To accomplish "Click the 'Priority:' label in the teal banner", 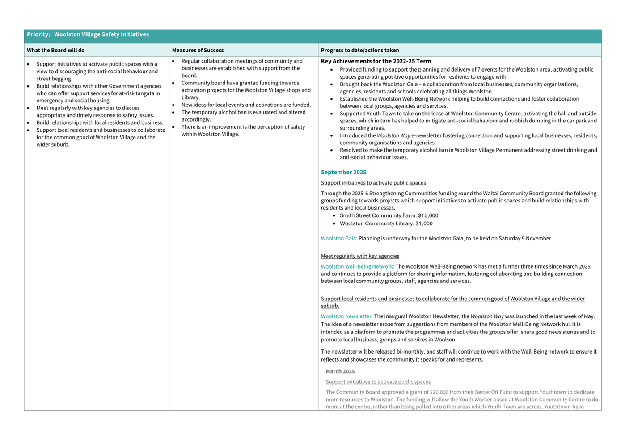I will pos(38,34).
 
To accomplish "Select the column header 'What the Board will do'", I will pos(55,51).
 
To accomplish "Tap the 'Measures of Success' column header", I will pos(198,51).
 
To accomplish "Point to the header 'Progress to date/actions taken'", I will pos(360,51).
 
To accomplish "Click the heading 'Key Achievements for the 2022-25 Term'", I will pos(376,61).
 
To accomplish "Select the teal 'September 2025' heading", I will pos(343,172).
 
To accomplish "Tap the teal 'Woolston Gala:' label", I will pos(339,239).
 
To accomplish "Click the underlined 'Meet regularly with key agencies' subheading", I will pos(360,256).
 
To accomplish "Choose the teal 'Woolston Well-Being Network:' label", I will pos(357,267).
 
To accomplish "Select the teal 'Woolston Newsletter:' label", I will pos(346,316).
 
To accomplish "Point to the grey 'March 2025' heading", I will pos(340,371).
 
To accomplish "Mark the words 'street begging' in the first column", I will pos(54,79).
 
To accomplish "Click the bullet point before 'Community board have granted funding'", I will pos(173,83).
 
